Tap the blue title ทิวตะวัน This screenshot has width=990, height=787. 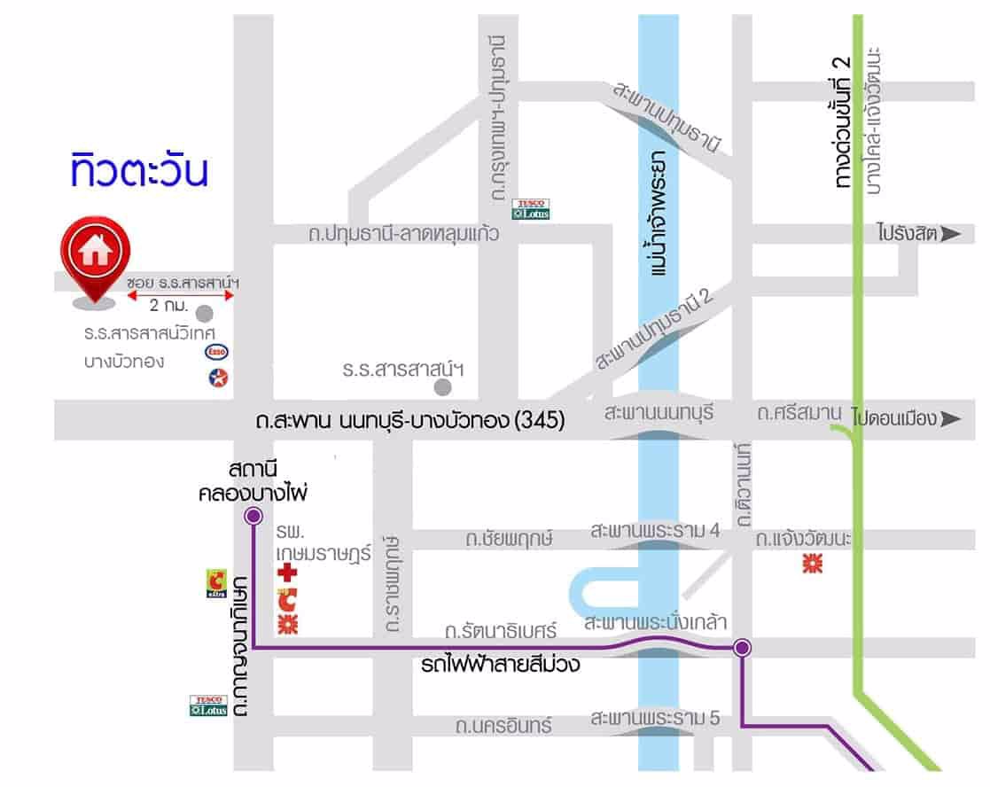(x=140, y=172)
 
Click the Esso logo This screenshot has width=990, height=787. (x=217, y=352)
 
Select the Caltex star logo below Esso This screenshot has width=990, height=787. (x=217, y=378)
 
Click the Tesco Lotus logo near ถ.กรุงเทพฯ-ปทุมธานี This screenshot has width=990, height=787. (x=532, y=209)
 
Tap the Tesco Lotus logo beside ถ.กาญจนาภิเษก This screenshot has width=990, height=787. (x=209, y=705)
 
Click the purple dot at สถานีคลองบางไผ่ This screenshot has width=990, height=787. (x=253, y=515)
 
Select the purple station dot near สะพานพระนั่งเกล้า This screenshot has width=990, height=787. (x=743, y=648)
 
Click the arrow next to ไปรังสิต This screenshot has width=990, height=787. (x=951, y=234)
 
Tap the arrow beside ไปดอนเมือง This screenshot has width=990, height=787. (x=951, y=418)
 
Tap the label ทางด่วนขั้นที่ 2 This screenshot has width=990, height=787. (x=842, y=124)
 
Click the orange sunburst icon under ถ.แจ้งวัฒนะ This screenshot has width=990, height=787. (x=812, y=563)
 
